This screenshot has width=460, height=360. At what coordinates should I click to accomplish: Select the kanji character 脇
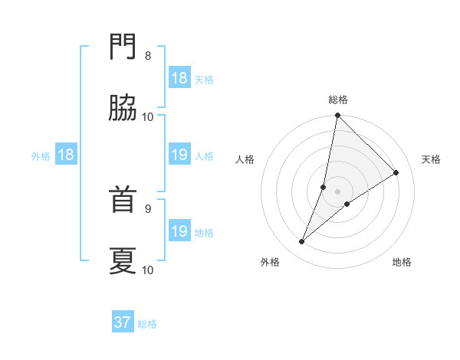[123, 110]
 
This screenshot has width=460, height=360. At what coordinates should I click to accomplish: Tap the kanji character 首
[123, 201]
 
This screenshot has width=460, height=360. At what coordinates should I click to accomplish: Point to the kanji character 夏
[123, 261]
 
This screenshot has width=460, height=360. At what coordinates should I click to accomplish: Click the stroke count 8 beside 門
[148, 56]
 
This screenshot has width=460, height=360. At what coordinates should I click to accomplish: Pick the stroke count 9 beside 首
[148, 208]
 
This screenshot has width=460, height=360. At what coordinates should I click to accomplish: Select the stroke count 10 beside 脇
[148, 116]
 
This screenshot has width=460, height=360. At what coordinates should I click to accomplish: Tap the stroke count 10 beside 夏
[148, 270]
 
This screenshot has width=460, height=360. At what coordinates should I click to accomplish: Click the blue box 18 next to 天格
[179, 78]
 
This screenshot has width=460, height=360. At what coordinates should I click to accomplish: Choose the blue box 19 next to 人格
[179, 155]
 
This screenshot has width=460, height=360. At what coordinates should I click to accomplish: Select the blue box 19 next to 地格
[179, 231]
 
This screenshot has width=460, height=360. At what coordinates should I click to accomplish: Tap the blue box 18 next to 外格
[66, 155]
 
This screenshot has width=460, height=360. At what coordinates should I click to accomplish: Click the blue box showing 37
[123, 322]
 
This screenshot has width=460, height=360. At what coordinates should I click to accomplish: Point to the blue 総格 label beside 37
[147, 324]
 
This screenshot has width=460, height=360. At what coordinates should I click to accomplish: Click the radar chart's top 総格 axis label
[338, 100]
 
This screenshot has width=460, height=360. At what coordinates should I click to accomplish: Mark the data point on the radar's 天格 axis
[396, 172]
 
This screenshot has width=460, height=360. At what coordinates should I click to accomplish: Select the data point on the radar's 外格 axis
[302, 242]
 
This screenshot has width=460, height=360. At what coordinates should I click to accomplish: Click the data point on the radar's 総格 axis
[338, 116]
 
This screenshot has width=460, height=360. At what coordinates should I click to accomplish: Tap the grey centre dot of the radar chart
[338, 191]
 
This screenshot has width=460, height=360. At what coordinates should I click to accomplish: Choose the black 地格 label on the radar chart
[402, 262]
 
